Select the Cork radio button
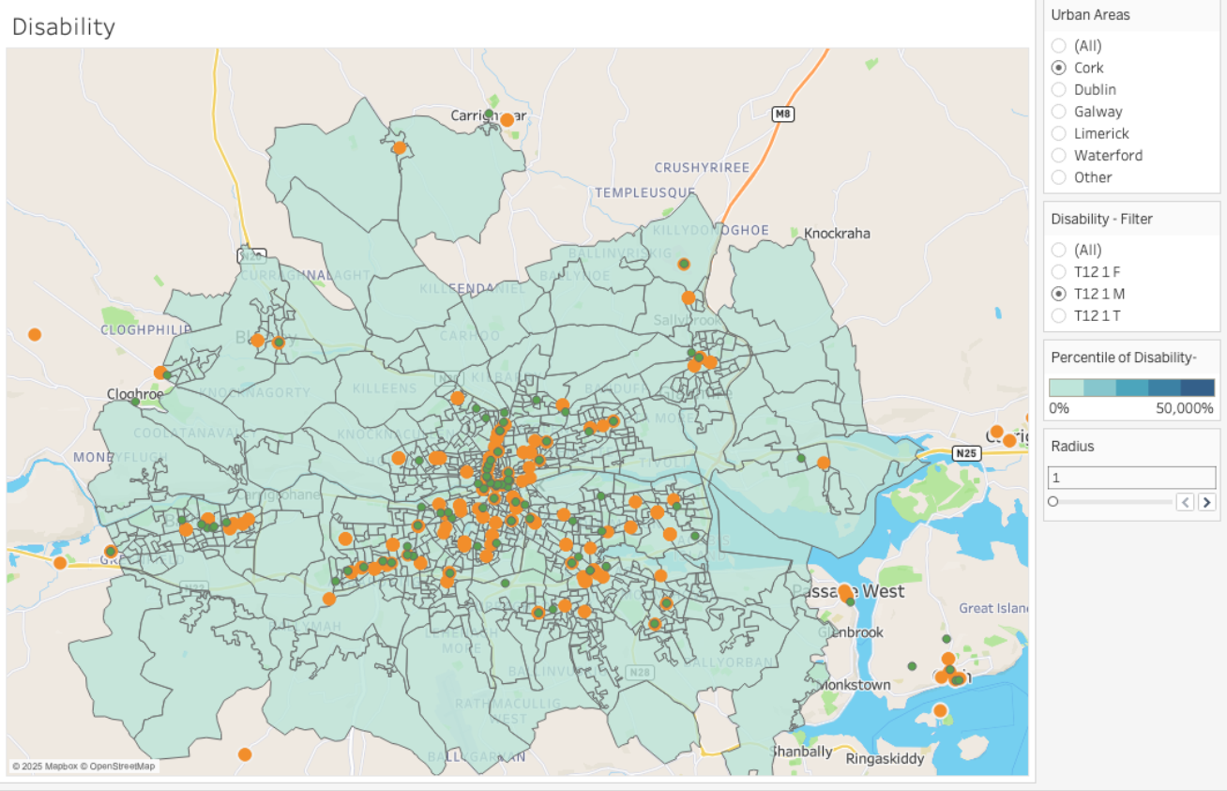click(1059, 68)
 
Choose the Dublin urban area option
click(1059, 90)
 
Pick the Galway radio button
click(1059, 112)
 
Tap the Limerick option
click(1059, 133)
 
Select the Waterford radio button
click(1059, 156)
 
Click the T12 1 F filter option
click(1059, 272)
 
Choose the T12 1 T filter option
click(1059, 315)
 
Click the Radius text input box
click(1130, 478)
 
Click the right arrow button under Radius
click(1206, 502)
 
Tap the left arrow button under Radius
click(1186, 502)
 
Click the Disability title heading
click(64, 27)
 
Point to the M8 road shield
click(782, 114)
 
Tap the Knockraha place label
click(837, 234)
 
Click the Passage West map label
click(848, 591)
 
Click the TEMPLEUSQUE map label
click(644, 192)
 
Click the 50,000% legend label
click(1185, 408)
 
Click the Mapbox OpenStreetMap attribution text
click(83, 767)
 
